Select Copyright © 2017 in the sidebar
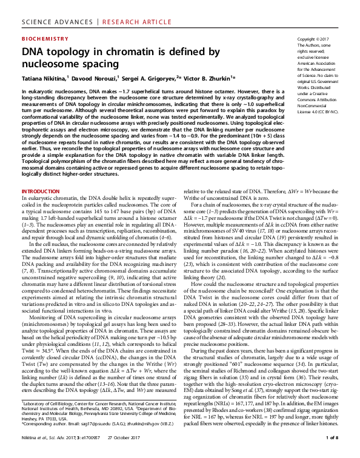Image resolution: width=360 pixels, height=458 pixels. coord(315,39)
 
